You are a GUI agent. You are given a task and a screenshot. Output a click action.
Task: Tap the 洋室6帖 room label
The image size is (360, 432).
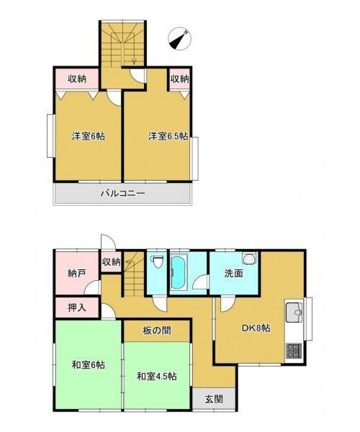87,136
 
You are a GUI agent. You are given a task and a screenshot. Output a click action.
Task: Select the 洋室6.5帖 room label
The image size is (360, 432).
168,136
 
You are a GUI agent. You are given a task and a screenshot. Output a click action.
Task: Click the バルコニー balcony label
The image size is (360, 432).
122,193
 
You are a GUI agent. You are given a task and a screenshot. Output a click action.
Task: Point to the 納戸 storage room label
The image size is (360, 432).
67,274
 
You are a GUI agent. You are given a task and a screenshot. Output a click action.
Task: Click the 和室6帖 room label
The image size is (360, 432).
87,364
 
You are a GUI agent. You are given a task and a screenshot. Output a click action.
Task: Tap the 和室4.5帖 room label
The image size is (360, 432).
158,375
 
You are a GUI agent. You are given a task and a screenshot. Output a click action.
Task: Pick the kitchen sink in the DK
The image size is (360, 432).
294,314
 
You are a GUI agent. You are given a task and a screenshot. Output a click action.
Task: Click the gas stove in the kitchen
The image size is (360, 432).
294,351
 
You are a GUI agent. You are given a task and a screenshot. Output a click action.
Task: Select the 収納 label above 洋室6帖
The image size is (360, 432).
78,78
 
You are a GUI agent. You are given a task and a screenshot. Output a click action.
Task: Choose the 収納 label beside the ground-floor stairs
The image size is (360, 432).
111,262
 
